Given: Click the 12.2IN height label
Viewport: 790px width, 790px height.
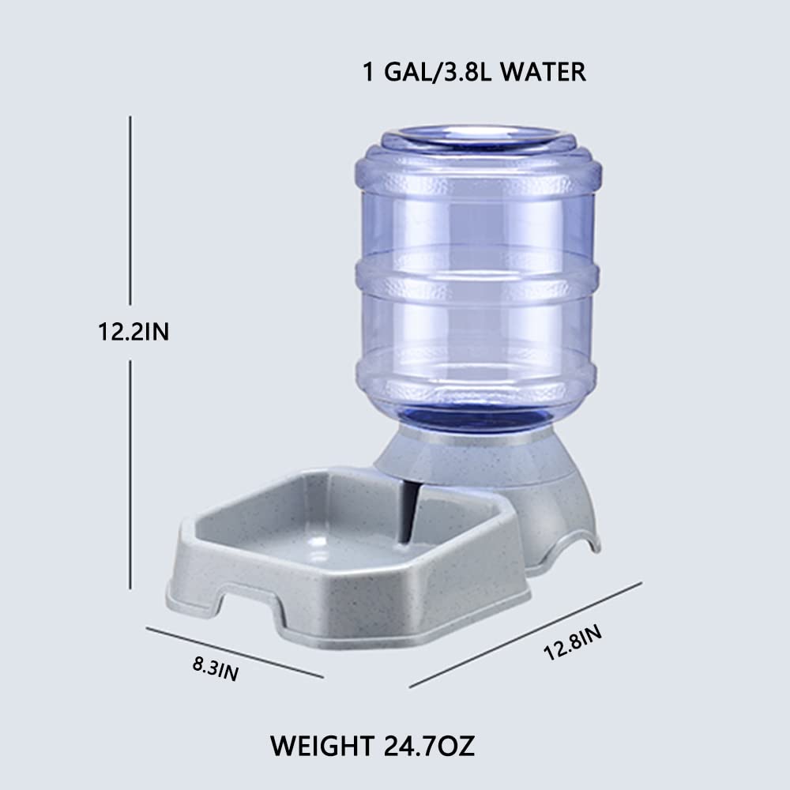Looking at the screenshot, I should click(x=133, y=333).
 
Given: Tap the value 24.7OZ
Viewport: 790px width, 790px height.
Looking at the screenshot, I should click(x=431, y=745).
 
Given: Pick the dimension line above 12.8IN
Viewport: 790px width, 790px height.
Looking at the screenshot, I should click(x=525, y=635).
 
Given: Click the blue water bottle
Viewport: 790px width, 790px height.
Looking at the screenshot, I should click(x=477, y=316).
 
